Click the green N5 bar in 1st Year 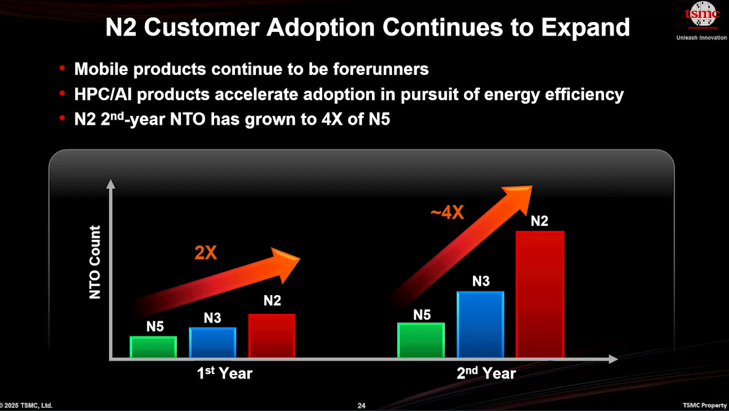point(153,348)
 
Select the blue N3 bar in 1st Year point(213,343)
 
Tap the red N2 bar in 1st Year point(272,336)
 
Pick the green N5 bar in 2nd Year point(421,340)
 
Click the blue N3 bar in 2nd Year point(480,325)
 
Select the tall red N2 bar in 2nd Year point(540,294)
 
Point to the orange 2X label point(205,253)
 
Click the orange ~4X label point(447,213)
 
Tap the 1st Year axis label point(225,373)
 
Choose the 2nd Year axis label point(486,373)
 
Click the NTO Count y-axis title point(94,262)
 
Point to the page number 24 point(361,405)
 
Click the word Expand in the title point(586,27)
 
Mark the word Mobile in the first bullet point(101,69)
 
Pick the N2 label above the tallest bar point(539,221)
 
